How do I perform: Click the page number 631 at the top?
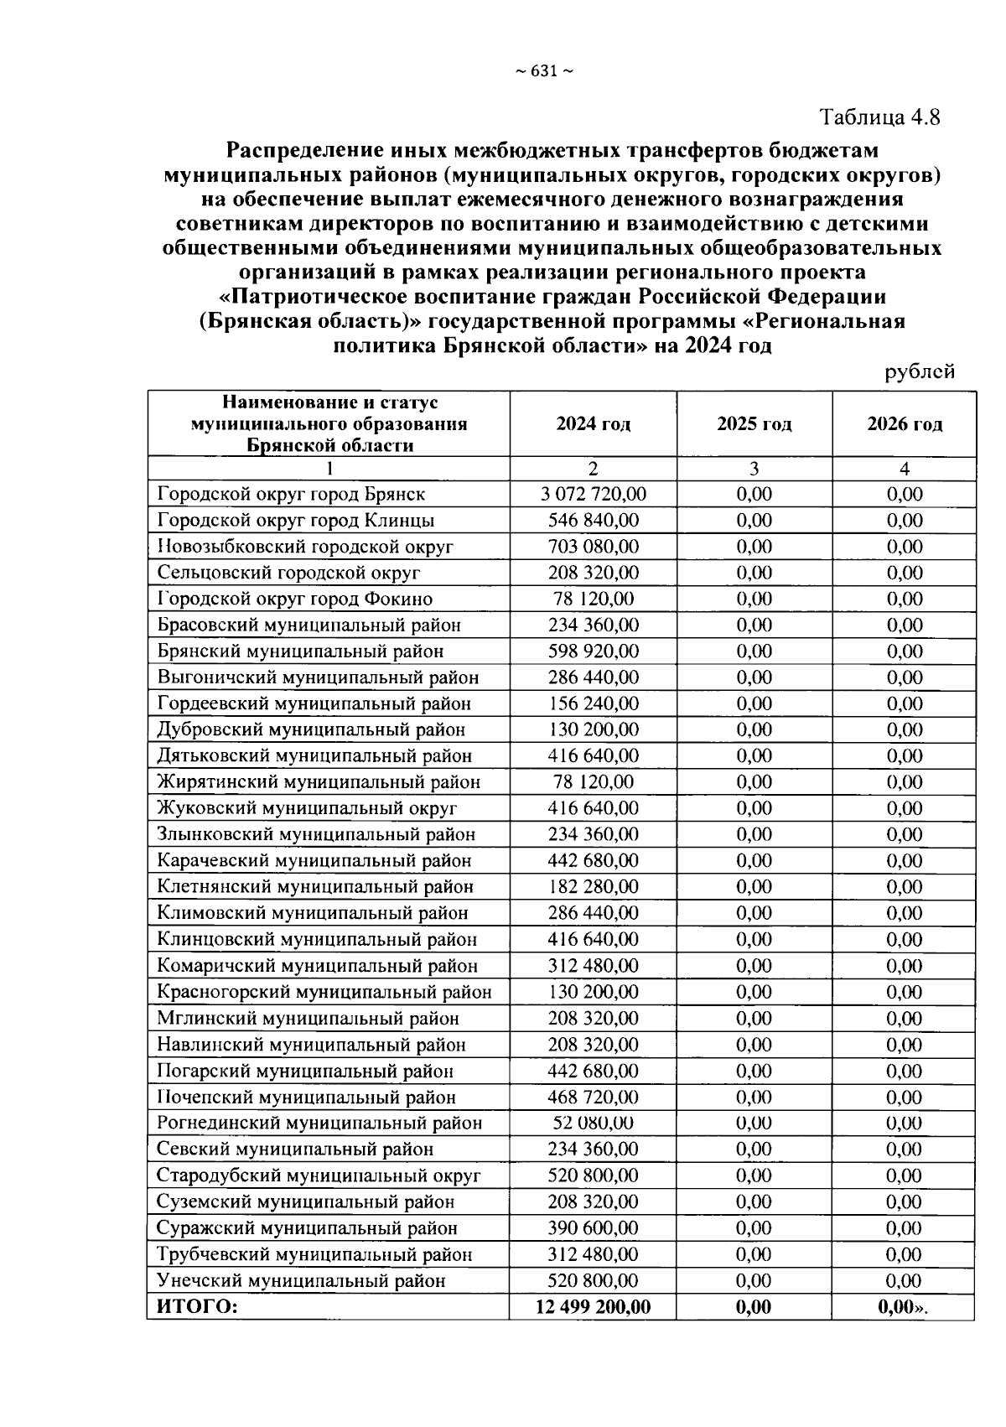click(543, 71)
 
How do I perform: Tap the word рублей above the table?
click(920, 371)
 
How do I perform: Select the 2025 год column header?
click(754, 424)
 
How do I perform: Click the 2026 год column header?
click(904, 424)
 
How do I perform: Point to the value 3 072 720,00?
click(593, 494)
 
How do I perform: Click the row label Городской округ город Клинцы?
click(295, 521)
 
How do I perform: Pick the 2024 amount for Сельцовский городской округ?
click(593, 573)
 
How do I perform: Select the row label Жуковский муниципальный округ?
click(307, 809)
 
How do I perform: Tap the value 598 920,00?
click(593, 651)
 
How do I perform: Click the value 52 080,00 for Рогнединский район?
click(593, 1123)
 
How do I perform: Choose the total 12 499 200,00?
click(593, 1307)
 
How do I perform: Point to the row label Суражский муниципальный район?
click(307, 1228)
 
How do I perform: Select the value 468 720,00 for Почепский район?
click(593, 1097)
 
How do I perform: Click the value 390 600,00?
click(593, 1228)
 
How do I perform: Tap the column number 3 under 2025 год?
click(754, 469)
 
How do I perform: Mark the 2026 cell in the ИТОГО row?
click(904, 1307)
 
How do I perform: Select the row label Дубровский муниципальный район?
click(310, 730)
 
